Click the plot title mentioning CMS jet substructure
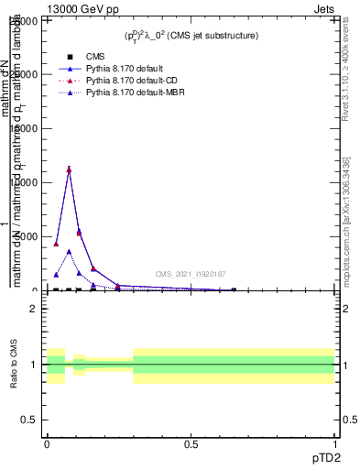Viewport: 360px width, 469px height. (x=191, y=35)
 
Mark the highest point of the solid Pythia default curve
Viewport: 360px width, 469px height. (x=69, y=169)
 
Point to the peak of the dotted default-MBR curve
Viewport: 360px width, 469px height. (x=69, y=251)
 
